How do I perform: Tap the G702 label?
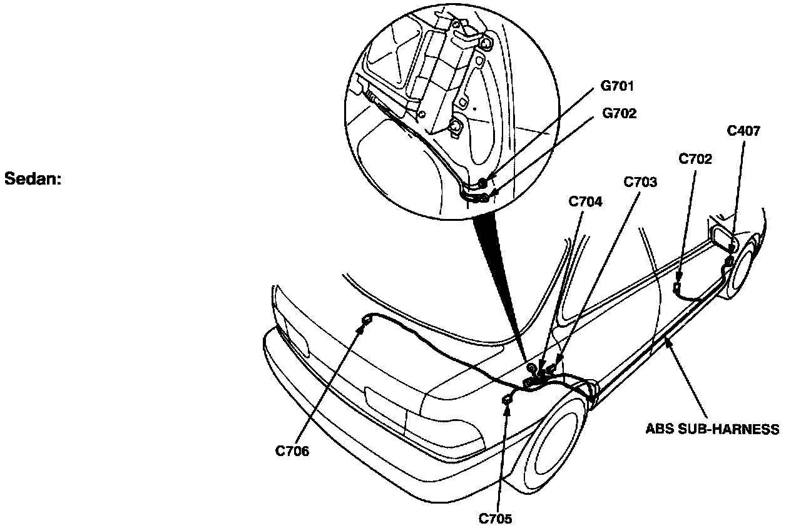point(619,114)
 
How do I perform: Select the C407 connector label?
point(743,131)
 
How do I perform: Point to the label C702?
point(695,159)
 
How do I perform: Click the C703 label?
point(640,182)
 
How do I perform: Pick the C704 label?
point(585,201)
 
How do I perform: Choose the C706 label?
point(292,452)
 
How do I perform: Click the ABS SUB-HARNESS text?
point(712,429)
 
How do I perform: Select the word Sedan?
point(33,178)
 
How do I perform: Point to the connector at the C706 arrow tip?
point(365,322)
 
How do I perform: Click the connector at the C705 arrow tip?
point(506,399)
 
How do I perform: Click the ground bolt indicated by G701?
point(483,182)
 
